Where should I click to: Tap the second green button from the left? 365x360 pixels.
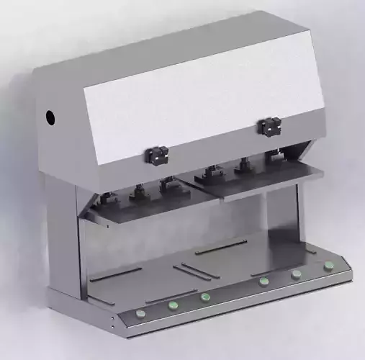pyautogui.click(x=173, y=305)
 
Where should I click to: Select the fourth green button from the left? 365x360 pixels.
pyautogui.click(x=264, y=281)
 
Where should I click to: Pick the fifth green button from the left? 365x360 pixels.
pyautogui.click(x=296, y=273)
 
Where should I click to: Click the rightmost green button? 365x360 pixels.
pyautogui.click(x=328, y=265)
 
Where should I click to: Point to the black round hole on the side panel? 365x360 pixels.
pyautogui.click(x=50, y=116)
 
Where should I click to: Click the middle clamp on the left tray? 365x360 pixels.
pyautogui.click(x=137, y=192)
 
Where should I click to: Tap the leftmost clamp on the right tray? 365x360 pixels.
pyautogui.click(x=212, y=173)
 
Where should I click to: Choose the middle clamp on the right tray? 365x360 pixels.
pyautogui.click(x=243, y=166)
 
